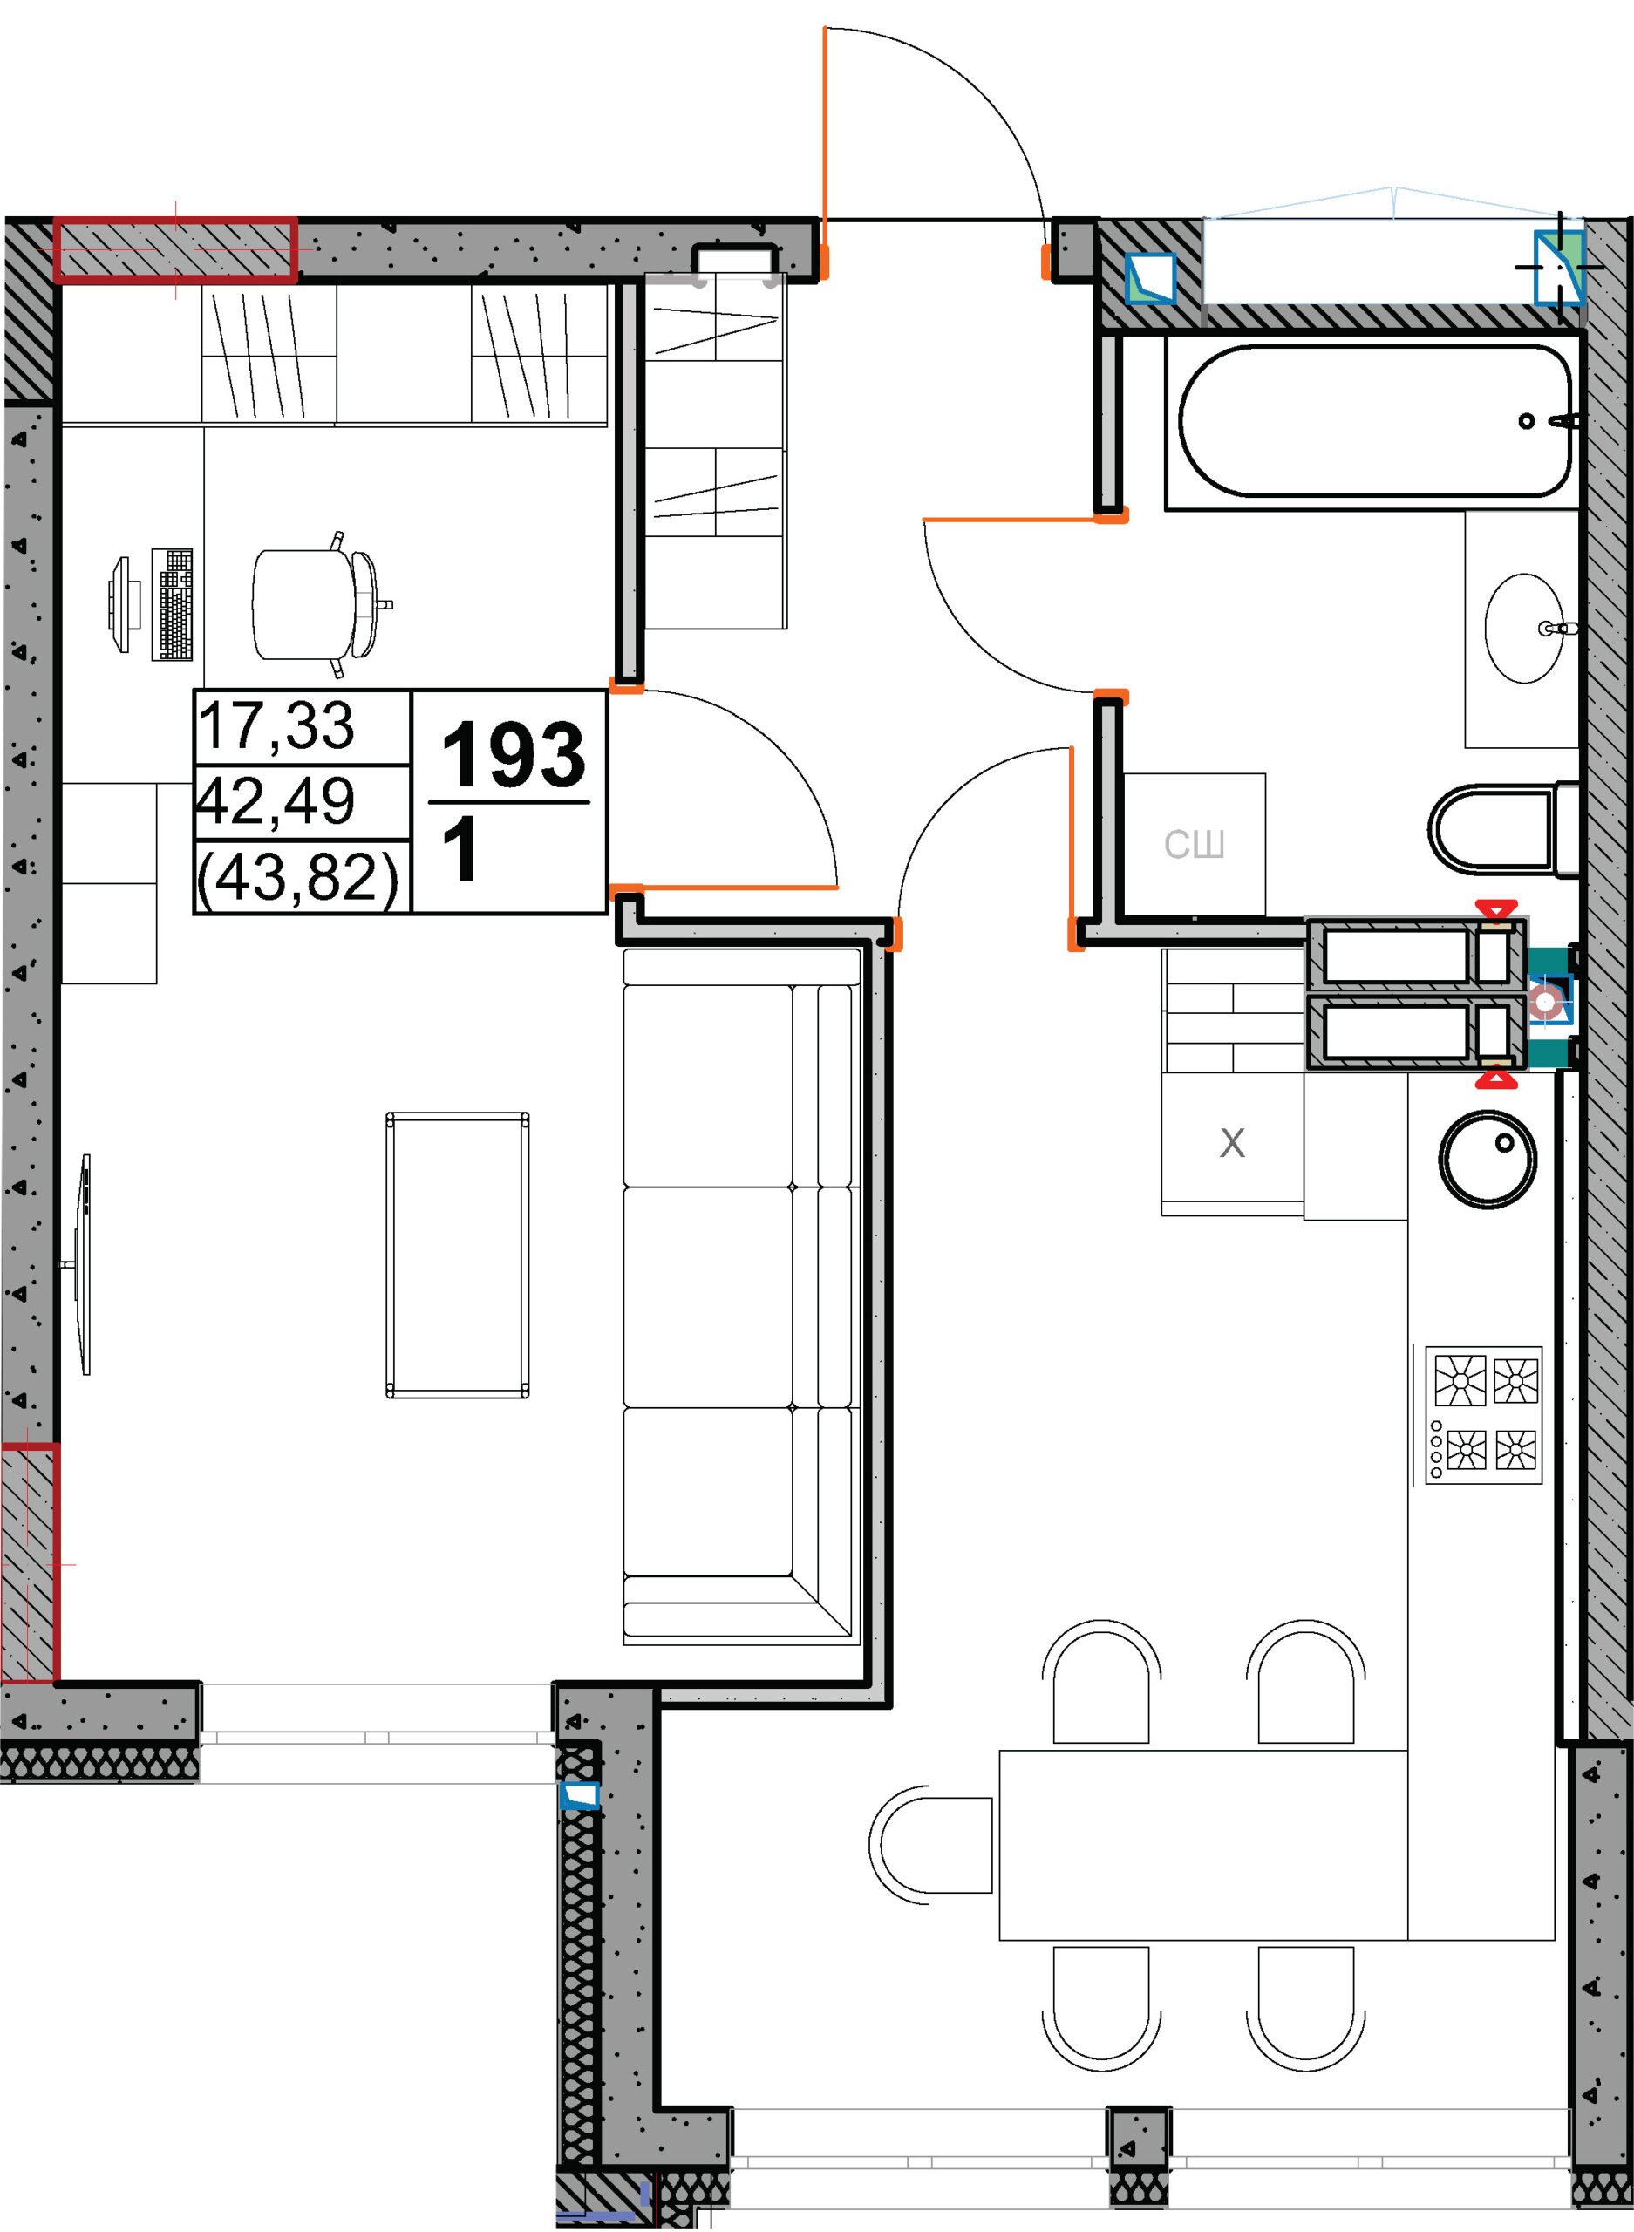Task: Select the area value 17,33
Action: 276,727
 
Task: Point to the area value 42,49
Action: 276,802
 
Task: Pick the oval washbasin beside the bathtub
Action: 1525,628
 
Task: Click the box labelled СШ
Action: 1195,845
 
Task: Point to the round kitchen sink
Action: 1488,1160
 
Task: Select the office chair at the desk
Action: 322,604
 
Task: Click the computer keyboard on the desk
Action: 172,604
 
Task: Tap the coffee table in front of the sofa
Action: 457,1255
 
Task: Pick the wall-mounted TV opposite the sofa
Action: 83,1264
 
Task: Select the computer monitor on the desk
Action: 120,604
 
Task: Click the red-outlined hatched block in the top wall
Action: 175,250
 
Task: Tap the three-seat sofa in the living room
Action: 741,1296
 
